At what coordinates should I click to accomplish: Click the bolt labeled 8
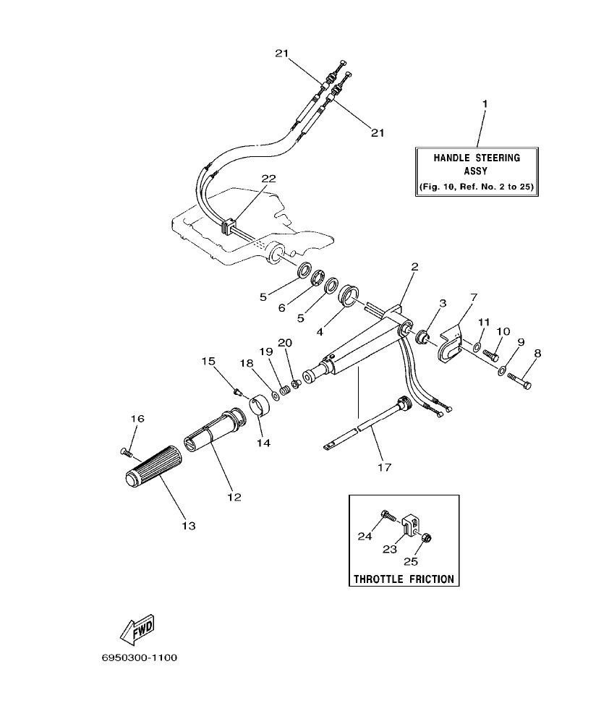tap(520, 380)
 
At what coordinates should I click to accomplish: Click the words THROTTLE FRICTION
tap(404, 579)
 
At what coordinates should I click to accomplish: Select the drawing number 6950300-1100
tap(140, 658)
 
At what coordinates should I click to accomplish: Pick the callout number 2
tap(414, 266)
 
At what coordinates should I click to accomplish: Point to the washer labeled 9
tap(501, 371)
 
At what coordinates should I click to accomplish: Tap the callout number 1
tap(485, 103)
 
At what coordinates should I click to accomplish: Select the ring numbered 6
tap(318, 278)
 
